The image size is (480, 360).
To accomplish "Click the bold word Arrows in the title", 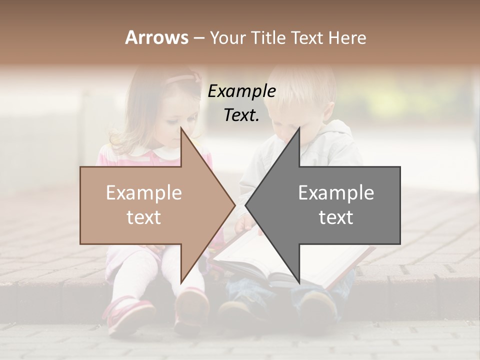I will [156, 37].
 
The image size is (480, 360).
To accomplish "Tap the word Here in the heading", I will [348, 37].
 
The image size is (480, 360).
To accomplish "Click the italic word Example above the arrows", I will [241, 91].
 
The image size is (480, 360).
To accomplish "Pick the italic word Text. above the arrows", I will [241, 115].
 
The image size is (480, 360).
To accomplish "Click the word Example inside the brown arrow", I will [143, 193].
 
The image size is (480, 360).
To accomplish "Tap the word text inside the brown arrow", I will [143, 217].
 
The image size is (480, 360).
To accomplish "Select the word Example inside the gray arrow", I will [336, 193].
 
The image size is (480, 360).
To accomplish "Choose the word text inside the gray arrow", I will [336, 217].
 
